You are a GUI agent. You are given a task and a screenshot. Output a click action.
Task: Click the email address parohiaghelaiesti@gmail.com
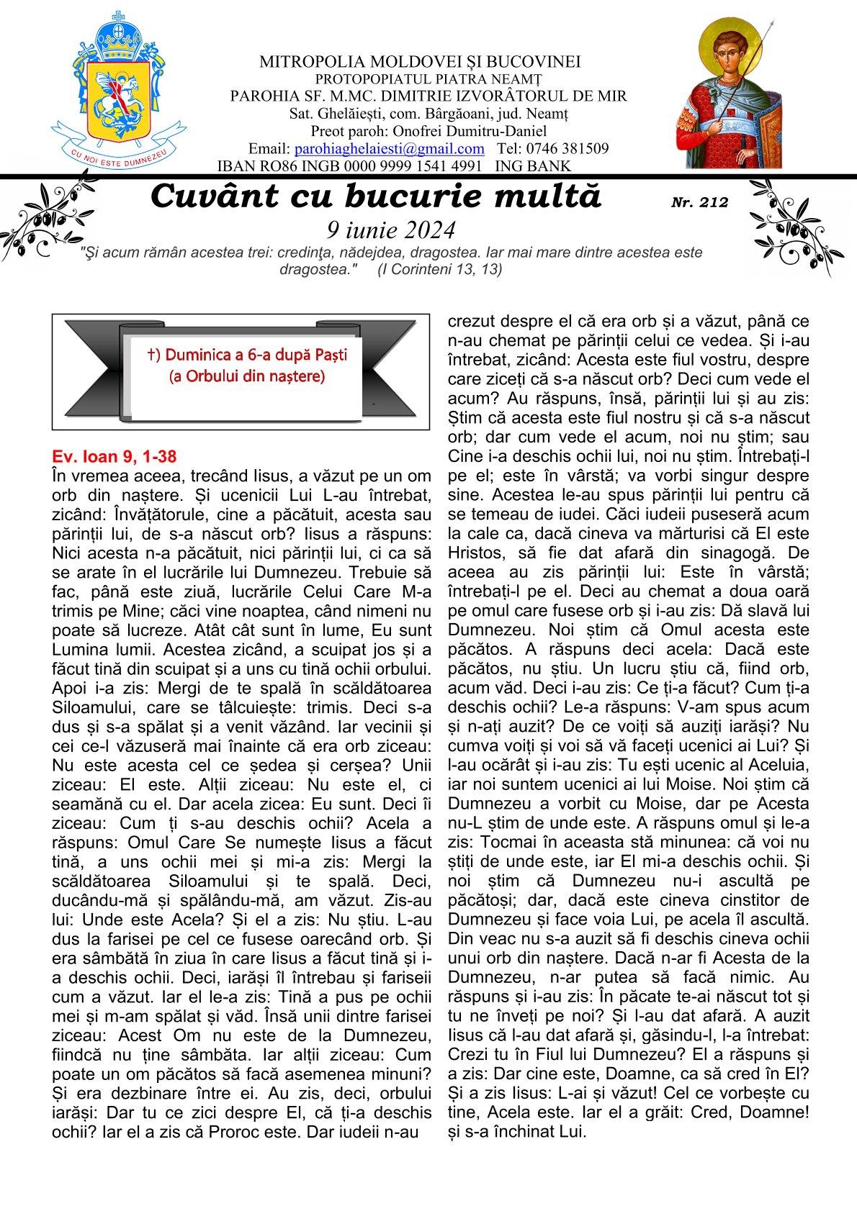tap(390, 149)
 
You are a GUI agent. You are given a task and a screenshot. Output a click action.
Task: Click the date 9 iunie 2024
tap(391, 230)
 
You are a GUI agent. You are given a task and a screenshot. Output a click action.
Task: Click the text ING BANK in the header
tap(534, 166)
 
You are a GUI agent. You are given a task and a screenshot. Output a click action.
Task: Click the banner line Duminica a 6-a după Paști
tap(246, 355)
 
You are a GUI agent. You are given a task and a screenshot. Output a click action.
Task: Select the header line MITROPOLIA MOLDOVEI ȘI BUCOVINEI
tap(421, 62)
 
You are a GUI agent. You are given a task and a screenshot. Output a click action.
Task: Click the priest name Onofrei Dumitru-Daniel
tap(476, 131)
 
